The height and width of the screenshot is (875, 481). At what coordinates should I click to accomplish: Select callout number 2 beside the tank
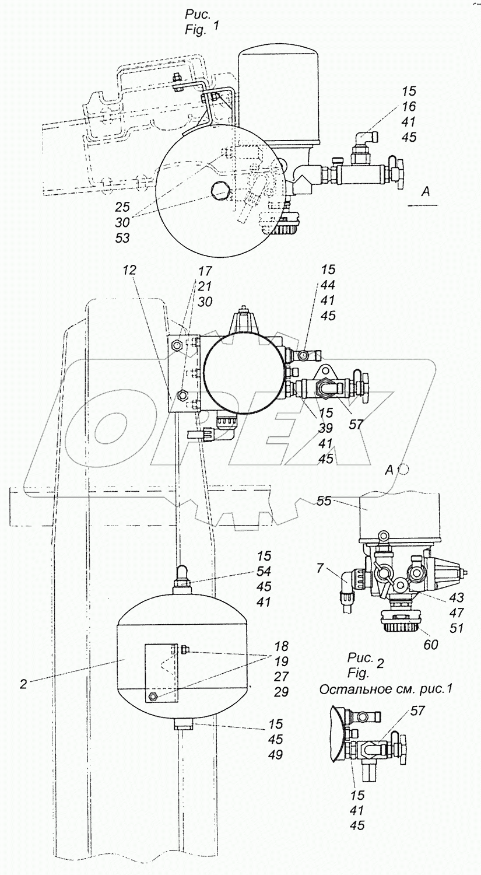[24, 684]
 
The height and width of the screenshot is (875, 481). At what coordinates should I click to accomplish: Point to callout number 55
[325, 501]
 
